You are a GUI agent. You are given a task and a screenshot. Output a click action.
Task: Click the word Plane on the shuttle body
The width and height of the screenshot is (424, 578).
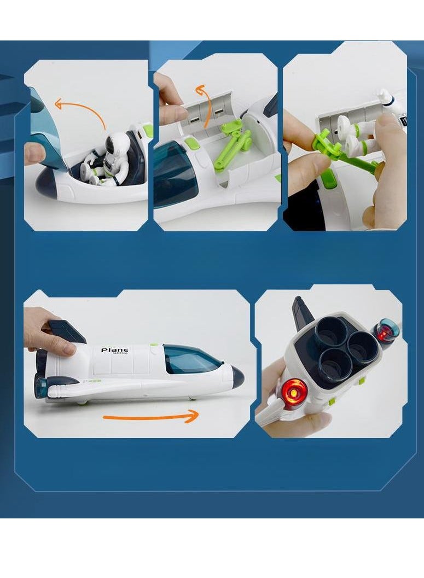pos(114,350)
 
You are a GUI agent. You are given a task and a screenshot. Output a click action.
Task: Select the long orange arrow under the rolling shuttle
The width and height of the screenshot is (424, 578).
pos(150,418)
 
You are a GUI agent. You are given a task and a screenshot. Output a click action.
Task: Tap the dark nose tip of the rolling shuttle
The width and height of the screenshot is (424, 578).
pos(237,377)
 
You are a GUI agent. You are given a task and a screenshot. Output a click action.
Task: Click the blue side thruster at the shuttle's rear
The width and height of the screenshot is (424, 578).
pos(40,386)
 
